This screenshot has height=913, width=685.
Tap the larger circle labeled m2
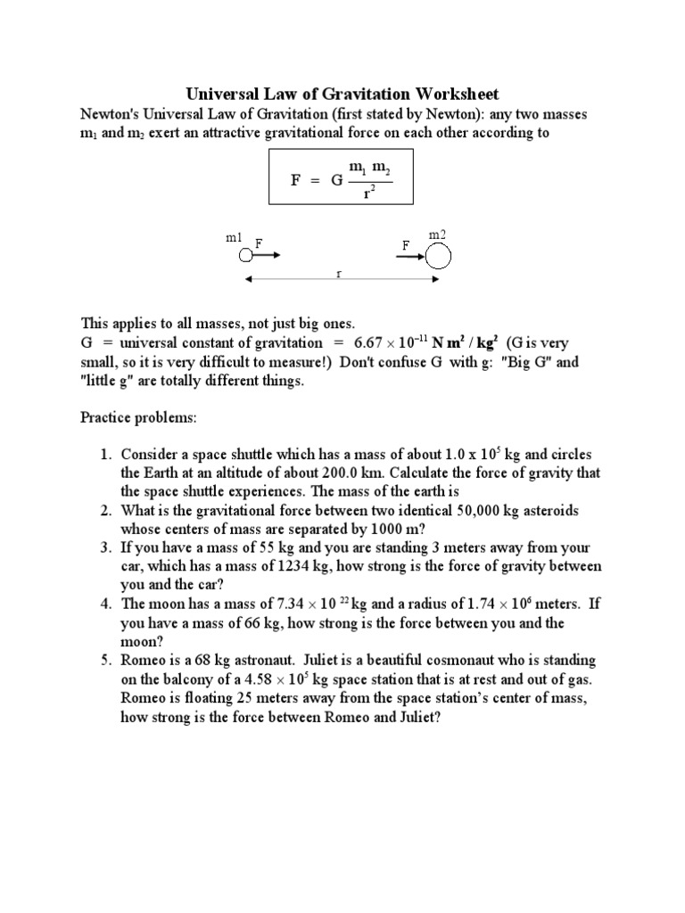438,256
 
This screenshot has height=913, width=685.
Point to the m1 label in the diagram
234,238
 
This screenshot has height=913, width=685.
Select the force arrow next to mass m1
268,255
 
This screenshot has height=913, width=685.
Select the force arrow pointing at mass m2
410,256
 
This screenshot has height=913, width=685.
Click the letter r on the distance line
339,274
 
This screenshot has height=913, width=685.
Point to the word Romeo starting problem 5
144,660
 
